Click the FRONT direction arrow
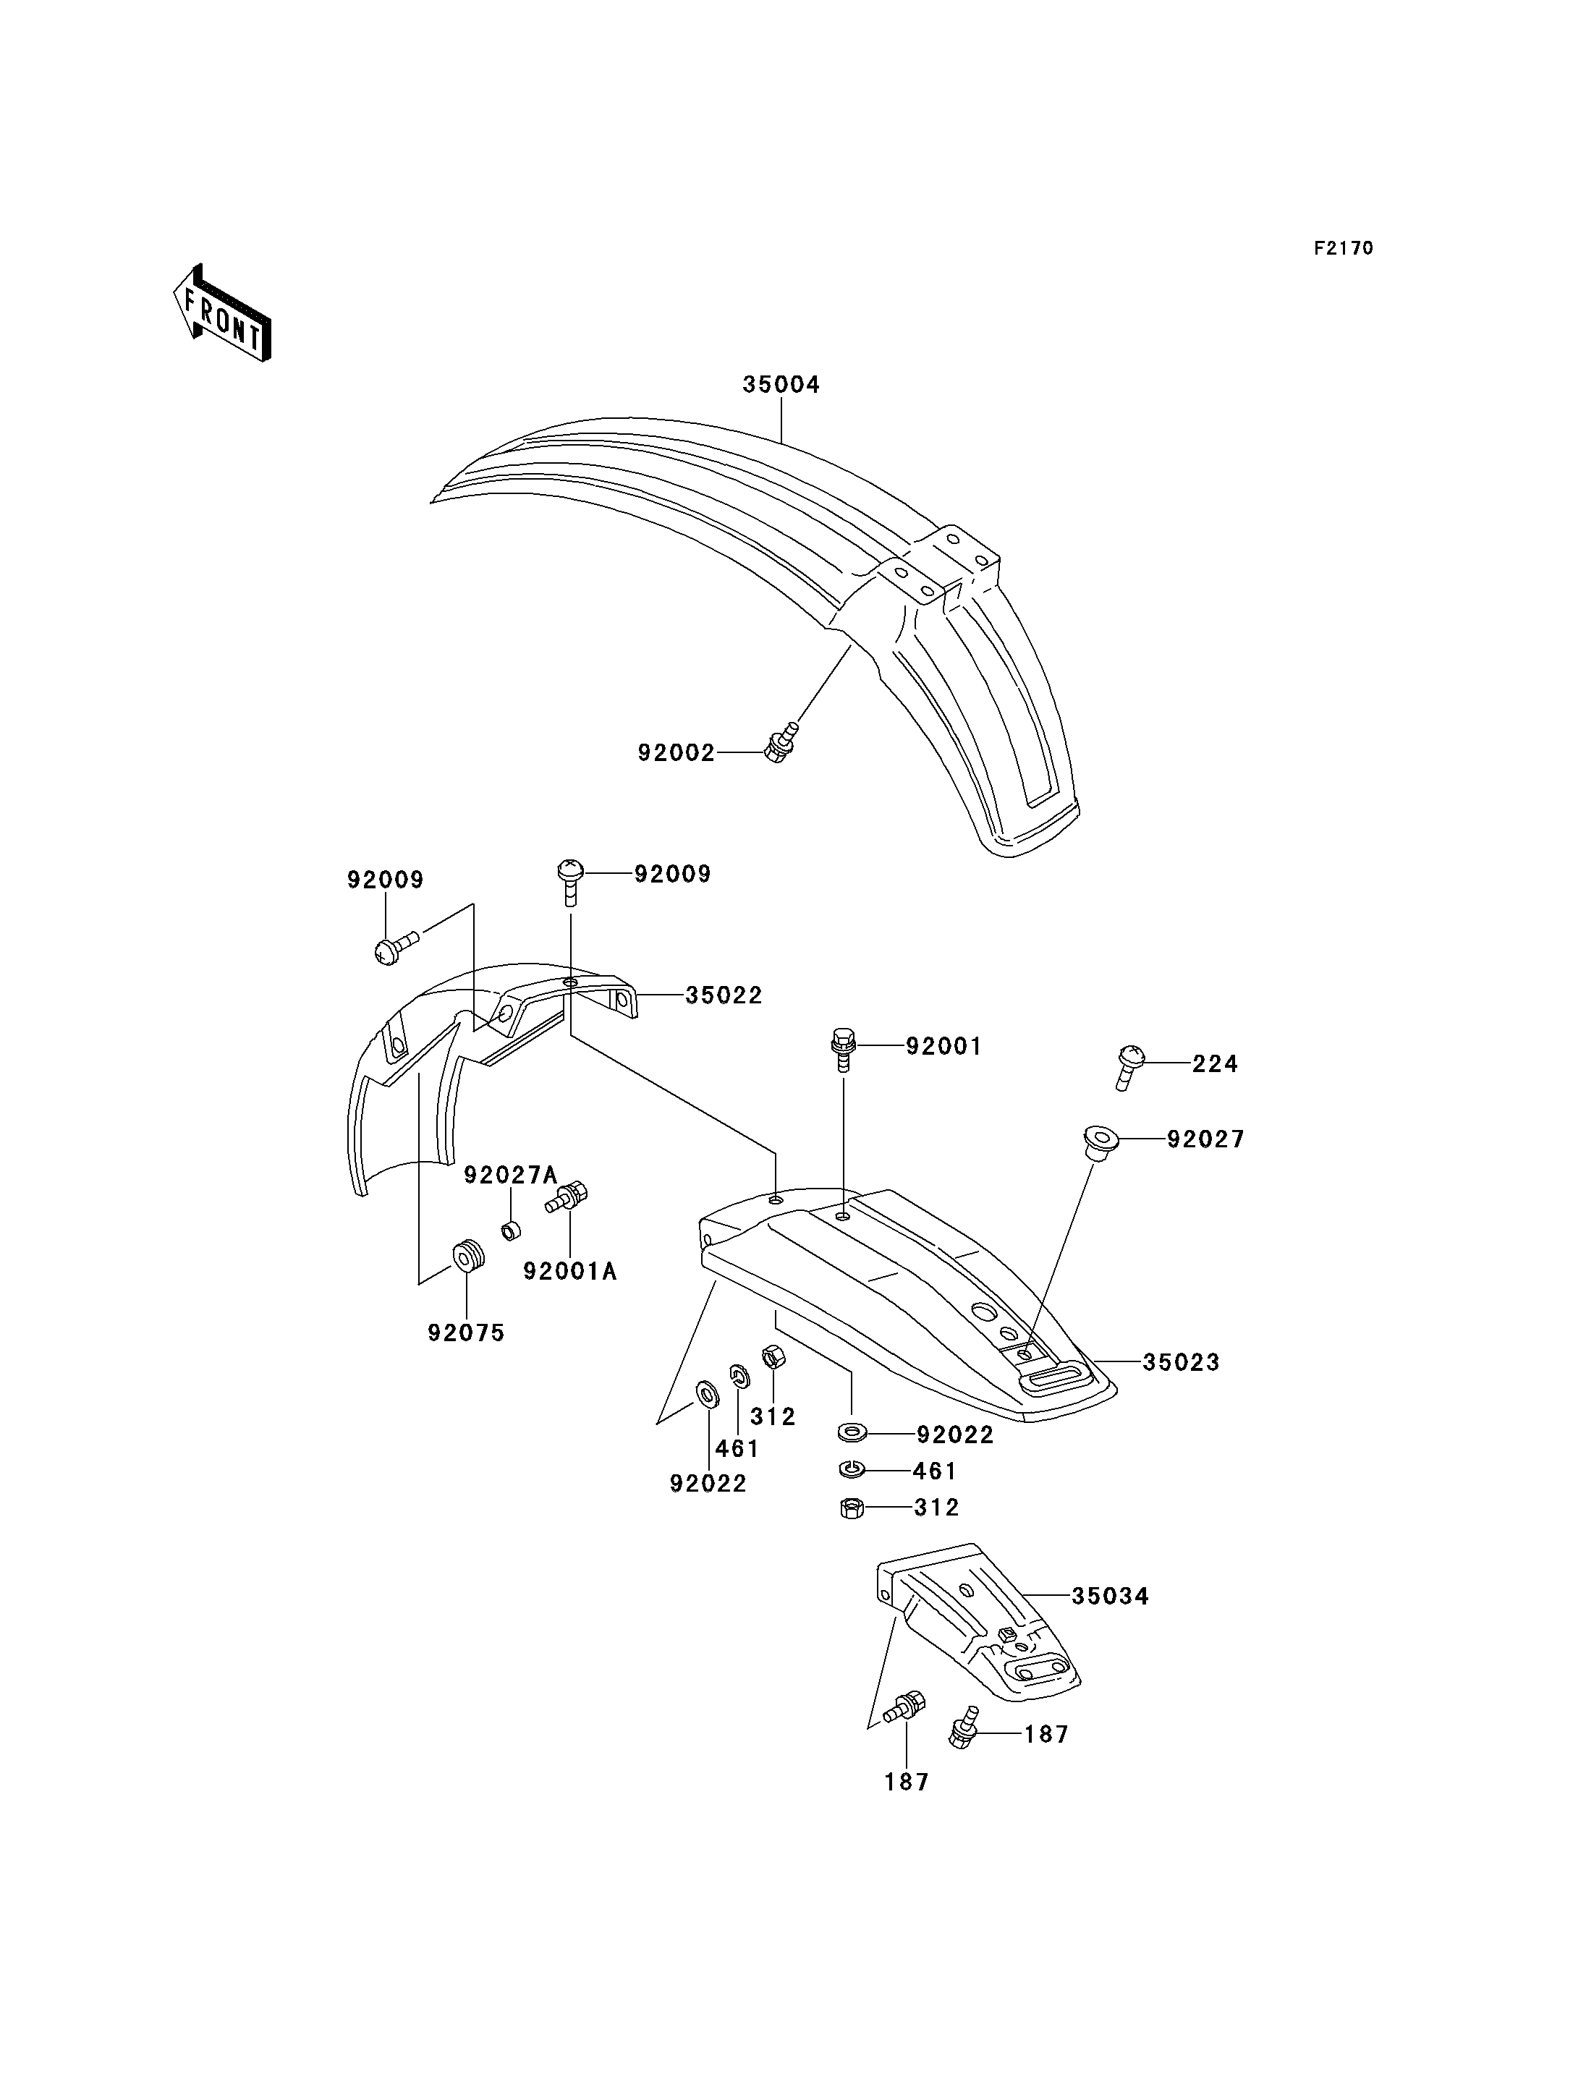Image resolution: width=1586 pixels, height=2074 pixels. coord(222,313)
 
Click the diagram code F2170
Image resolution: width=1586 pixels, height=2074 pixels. coord(1344,248)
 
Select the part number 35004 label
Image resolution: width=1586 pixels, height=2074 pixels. coord(781,385)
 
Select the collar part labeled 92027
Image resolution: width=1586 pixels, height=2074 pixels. coord(1099,1143)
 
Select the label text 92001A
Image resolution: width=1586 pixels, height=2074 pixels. coord(570,1272)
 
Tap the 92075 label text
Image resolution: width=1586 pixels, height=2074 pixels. coord(467,1333)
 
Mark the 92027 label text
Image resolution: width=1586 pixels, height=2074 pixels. coord(1205,1139)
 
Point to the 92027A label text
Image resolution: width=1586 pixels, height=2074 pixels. coord(511,1176)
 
